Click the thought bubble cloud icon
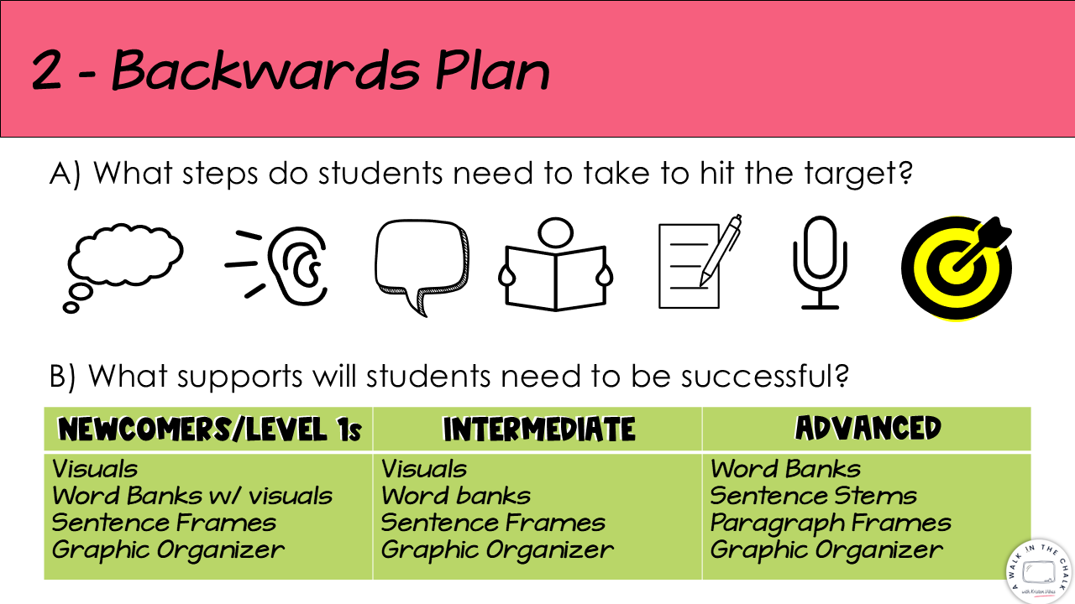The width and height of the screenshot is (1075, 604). pyautogui.click(x=123, y=257)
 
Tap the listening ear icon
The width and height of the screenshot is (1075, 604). pyautogui.click(x=297, y=266)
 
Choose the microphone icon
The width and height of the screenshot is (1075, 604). pyautogui.click(x=820, y=263)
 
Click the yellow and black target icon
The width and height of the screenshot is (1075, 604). pyautogui.click(x=957, y=268)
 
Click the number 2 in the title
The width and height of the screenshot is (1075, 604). pyautogui.click(x=46, y=71)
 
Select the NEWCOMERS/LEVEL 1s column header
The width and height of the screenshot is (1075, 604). pyautogui.click(x=209, y=429)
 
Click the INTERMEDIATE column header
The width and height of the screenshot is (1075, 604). pyautogui.click(x=539, y=429)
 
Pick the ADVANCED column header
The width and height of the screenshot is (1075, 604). pyautogui.click(x=868, y=428)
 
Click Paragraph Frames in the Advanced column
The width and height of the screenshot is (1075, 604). pyautogui.click(x=831, y=523)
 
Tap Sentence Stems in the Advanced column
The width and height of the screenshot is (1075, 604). pyautogui.click(x=814, y=496)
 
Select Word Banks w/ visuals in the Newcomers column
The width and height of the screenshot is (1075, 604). pyautogui.click(x=192, y=496)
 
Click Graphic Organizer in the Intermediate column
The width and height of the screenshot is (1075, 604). pyautogui.click(x=497, y=549)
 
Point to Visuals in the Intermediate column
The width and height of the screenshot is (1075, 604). pyautogui.click(x=424, y=469)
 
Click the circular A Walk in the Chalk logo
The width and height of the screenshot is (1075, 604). pyautogui.click(x=1040, y=571)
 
